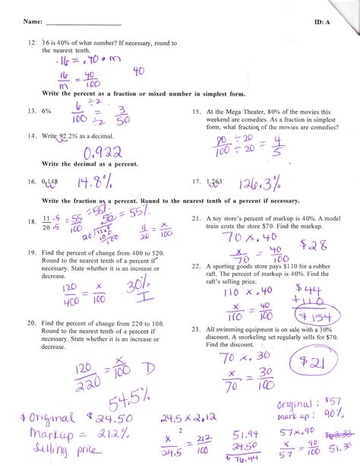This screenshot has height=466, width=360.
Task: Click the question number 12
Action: [31, 44]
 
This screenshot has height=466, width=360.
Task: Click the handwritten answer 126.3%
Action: [259, 183]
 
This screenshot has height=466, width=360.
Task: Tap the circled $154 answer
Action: [312, 315]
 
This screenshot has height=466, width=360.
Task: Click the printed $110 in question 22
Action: [304, 267]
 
